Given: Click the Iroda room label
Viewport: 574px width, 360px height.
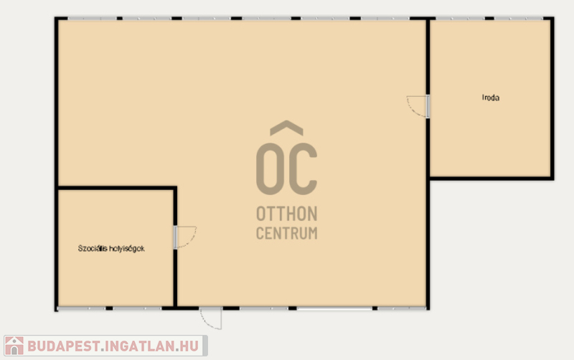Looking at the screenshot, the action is [491, 98].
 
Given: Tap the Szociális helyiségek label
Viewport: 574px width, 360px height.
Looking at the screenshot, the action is [111, 248].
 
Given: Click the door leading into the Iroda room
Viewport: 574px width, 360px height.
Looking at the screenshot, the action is [418, 106].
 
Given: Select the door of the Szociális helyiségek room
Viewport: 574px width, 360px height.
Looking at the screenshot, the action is [185, 237].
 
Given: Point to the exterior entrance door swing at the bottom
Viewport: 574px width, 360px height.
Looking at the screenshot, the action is [211, 318].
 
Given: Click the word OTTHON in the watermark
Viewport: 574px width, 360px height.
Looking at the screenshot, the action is [286, 214].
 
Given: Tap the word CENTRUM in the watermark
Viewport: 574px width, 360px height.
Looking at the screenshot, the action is [286, 233].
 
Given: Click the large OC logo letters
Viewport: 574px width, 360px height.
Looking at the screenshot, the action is [286, 169].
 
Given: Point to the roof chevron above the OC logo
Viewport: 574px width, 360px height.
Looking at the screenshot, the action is [286, 127].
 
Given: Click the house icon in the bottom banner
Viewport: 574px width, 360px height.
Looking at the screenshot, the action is [14, 346].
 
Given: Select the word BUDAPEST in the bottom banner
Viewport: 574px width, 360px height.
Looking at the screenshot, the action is [64, 346].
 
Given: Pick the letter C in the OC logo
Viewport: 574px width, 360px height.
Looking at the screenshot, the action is [303, 169].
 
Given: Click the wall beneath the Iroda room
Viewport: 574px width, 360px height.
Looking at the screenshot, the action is [491, 179].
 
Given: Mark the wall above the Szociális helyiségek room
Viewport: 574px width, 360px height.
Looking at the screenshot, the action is [117, 188].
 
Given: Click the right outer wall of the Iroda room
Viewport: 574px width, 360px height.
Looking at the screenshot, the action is [552, 98].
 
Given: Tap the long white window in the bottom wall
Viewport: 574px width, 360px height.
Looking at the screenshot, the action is [334, 309].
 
